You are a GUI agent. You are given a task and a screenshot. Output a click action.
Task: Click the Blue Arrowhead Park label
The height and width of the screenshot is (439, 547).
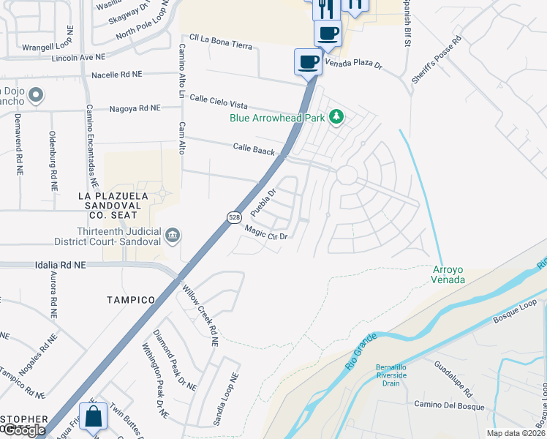point(277,117)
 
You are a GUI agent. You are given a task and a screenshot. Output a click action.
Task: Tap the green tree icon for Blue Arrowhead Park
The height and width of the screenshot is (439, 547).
point(336,117)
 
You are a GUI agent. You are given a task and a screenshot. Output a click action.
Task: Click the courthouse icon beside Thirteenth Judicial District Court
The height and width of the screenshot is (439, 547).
point(173,235)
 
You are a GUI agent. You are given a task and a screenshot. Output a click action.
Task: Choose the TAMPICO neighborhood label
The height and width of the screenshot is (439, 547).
point(131,300)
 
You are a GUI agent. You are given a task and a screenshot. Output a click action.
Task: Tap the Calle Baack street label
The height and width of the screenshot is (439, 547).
point(254,149)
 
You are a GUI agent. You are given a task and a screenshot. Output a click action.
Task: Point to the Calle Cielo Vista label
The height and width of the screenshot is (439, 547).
point(223,102)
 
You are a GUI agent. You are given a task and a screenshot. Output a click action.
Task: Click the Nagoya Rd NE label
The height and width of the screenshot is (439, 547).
point(135,108)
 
